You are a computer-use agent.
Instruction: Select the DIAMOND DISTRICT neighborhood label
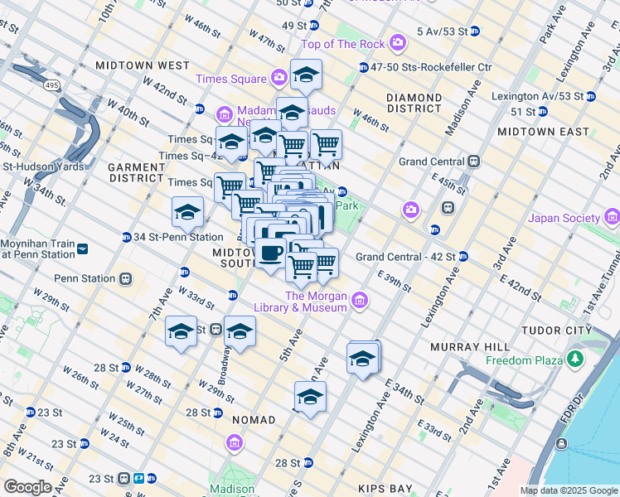414,103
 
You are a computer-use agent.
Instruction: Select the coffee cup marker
272,251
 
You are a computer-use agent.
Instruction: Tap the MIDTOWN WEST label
143,65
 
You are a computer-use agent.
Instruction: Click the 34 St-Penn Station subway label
178,237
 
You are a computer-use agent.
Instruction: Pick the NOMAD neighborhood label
254,420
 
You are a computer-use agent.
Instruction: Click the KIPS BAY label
386,489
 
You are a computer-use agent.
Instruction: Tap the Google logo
27,487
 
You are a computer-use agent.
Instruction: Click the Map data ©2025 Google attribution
568,490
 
